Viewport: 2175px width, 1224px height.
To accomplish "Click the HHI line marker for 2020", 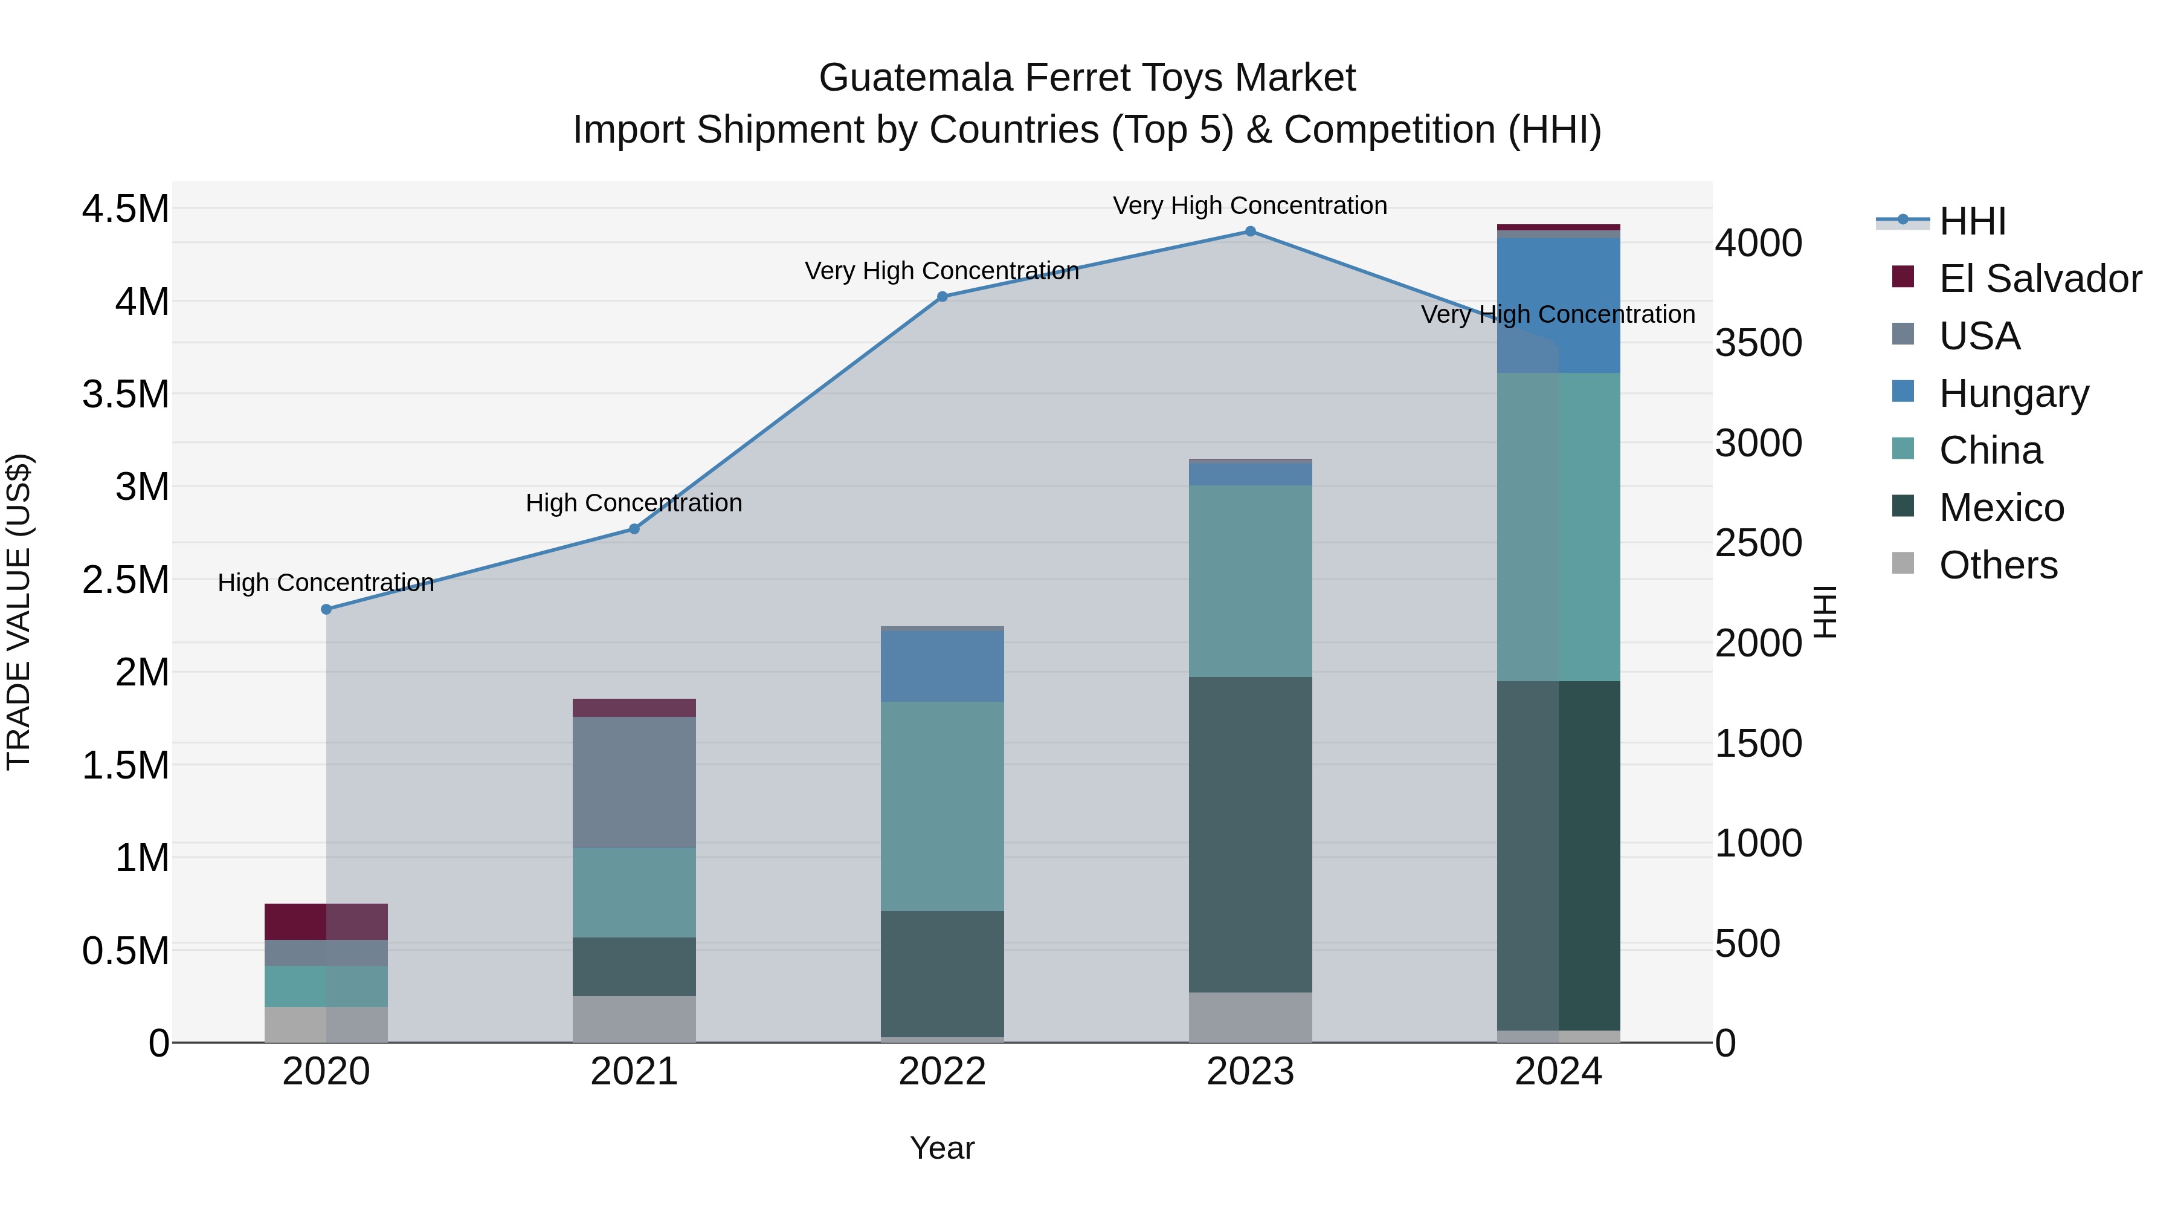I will pos(326,609).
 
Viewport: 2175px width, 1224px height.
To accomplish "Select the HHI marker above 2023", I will pos(1251,232).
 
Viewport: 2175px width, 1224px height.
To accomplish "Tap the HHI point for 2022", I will pos(942,297).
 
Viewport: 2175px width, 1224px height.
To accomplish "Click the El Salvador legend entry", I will pos(2039,279).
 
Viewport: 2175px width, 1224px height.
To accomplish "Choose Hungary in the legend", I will pos(2013,393).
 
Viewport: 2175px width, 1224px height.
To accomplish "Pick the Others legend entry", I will pos(1998,565).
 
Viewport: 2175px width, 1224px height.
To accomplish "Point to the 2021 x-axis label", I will pos(634,1072).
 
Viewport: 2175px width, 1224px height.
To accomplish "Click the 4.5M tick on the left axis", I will pos(125,209).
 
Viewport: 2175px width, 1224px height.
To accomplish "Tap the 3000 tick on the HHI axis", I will pos(1759,442).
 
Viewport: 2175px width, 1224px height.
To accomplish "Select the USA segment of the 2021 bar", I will pos(634,782).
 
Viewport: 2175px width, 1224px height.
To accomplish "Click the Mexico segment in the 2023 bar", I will pos(1251,835).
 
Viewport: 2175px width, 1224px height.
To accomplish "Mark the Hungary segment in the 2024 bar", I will pos(1559,306).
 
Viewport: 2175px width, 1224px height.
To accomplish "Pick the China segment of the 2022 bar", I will pos(942,806).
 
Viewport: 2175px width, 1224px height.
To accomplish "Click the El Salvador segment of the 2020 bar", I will pos(326,922).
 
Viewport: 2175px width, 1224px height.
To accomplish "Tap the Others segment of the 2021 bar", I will pos(634,1018).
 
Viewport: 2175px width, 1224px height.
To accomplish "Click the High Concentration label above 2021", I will pos(634,503).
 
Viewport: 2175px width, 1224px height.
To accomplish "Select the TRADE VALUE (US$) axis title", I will pos(19,612).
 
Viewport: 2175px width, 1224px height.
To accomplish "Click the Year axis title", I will pos(942,1148).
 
